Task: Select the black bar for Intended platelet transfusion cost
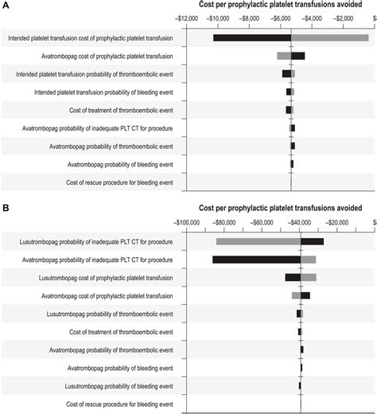pos(252,37)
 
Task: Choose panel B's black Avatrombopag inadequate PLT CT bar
pos(256,260)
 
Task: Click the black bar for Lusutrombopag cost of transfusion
pos(293,277)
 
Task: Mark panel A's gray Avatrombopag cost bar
pos(283,56)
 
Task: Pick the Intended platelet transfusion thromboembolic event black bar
pos(286,74)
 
